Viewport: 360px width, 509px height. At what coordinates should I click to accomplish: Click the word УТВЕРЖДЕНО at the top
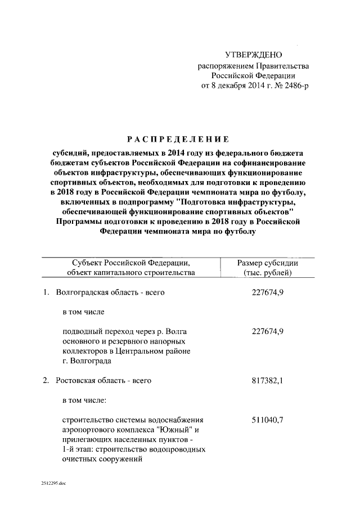[253, 55]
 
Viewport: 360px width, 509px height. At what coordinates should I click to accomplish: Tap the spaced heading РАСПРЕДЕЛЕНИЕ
[178, 139]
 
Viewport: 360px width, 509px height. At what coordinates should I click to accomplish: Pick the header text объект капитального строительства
[131, 273]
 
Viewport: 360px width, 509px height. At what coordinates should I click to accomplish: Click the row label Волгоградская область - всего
[110, 293]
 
